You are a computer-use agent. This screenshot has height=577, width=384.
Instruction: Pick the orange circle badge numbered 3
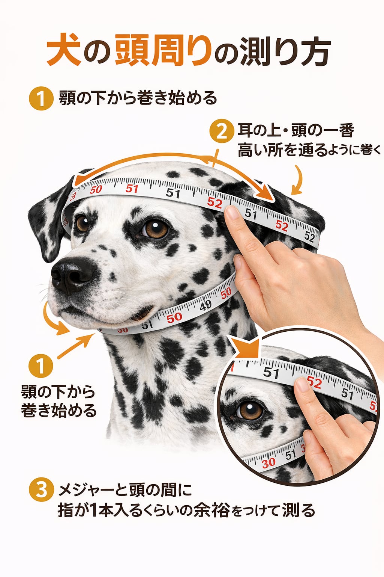[x=41, y=490]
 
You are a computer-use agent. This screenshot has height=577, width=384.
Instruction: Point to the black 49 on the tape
[x=205, y=306]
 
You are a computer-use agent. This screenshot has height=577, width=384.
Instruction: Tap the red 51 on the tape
[x=132, y=189]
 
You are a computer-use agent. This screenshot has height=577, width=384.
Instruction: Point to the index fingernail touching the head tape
[x=232, y=212]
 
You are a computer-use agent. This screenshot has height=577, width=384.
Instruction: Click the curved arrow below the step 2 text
[x=298, y=180]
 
